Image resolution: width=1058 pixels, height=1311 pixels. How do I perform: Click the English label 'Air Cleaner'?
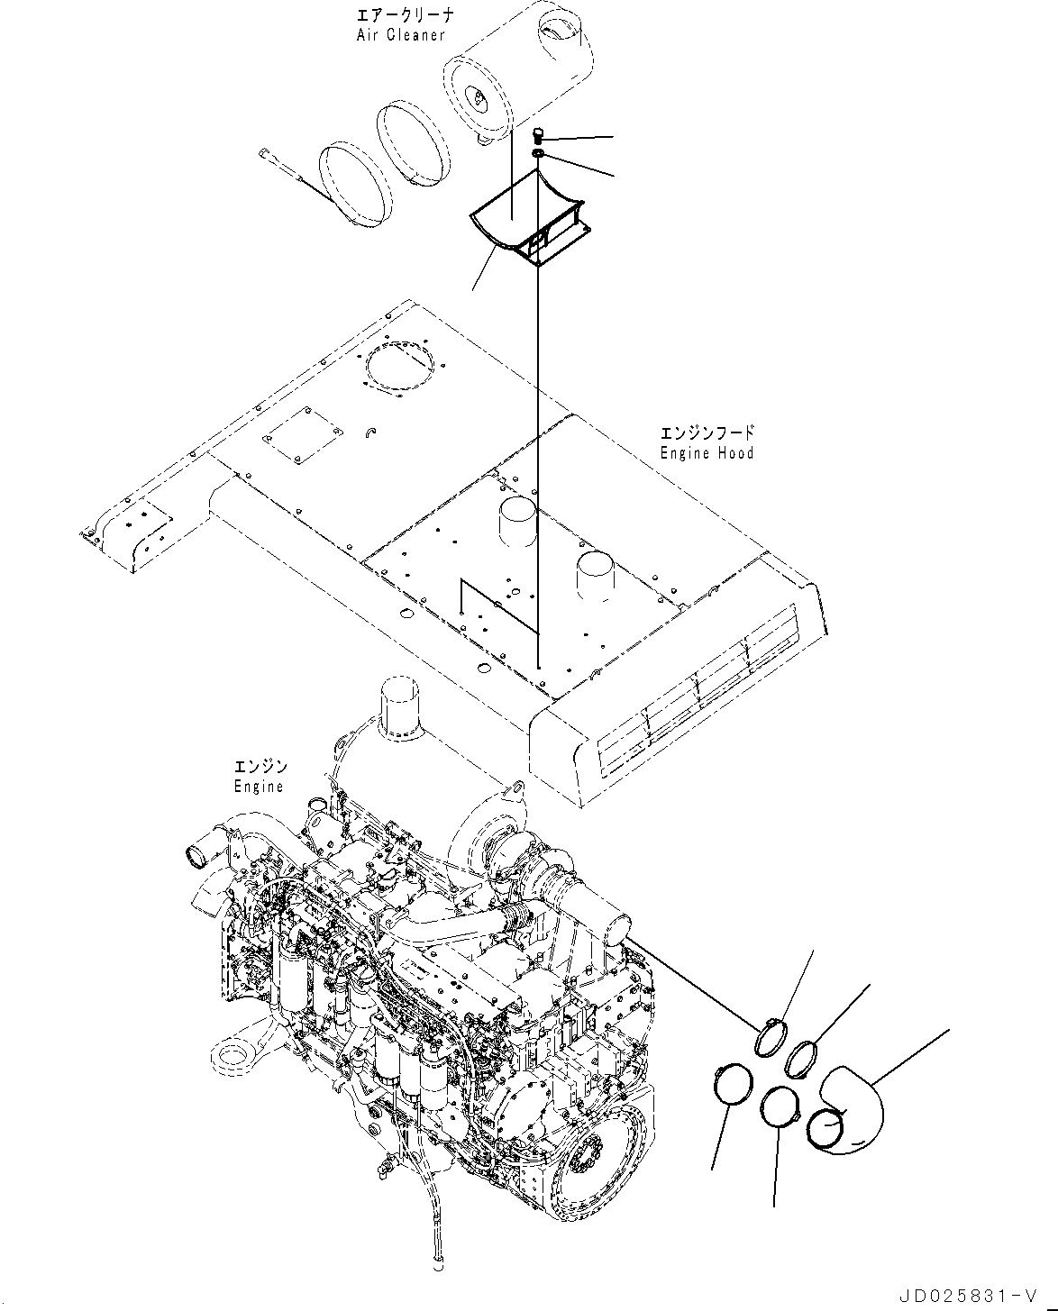tap(400, 35)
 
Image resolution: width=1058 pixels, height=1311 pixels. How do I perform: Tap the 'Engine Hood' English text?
tap(707, 453)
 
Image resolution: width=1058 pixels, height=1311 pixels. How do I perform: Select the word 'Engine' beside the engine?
tap(259, 787)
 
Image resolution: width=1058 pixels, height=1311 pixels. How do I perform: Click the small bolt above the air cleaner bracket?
tap(539, 136)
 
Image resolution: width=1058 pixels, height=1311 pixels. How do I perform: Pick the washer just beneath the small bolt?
tap(538, 157)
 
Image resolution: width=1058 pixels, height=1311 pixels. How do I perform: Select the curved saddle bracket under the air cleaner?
tap(527, 225)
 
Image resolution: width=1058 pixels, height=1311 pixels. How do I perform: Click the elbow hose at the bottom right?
tap(852, 1108)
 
